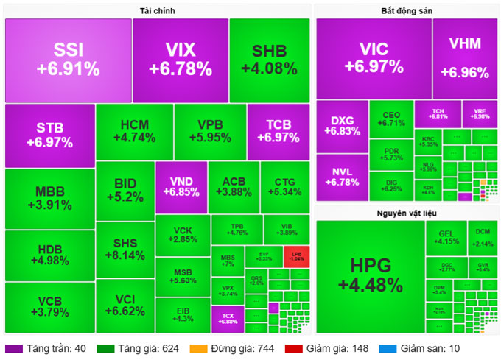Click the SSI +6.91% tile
(x=68, y=60)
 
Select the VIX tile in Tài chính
(x=180, y=60)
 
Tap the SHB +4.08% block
(x=269, y=60)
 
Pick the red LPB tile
(x=296, y=256)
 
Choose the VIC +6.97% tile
(x=374, y=58)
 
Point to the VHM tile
(x=465, y=58)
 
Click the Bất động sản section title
(x=406, y=10)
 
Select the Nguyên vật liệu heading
(x=406, y=213)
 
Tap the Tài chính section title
(x=157, y=10)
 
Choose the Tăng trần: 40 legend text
(x=54, y=349)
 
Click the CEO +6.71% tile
(x=390, y=119)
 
